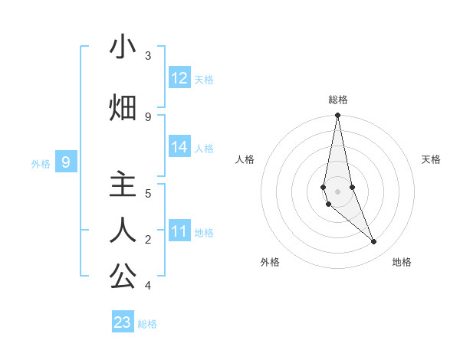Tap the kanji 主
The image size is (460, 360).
pos(123,185)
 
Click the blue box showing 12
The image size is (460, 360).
pos(179,78)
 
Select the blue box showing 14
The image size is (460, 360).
pos(179,147)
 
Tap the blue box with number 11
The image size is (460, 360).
pos(179,231)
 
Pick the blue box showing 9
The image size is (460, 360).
pos(66,162)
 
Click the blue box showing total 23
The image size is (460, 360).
pos(123,322)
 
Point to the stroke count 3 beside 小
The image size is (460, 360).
pos(148,56)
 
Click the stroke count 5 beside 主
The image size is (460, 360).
pos(148,194)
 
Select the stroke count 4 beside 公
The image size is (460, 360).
pos(148,286)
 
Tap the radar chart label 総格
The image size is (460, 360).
pos(338,100)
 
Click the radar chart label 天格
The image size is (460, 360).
pos(431,159)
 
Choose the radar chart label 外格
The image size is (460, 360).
pos(270,262)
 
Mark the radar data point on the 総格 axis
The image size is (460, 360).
pos(337,116)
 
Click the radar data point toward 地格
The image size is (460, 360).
pos(374,242)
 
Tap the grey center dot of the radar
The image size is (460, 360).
pos(337,191)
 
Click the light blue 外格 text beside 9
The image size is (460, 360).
pos(41,163)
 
